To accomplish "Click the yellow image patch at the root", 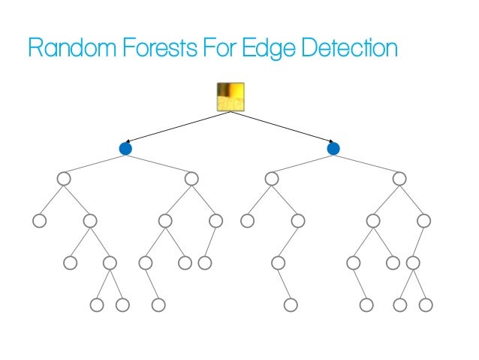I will click(229, 97).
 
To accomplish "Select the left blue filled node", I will click(125, 149).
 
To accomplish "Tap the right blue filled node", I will click(333, 149).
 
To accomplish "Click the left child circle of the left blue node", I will click(63, 178).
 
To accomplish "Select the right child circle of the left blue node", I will click(191, 178).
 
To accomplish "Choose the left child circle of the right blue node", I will click(271, 178).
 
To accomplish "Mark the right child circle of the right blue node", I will click(399, 178).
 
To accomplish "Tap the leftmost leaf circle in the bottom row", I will click(96, 305).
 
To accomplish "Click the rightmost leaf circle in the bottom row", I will click(426, 305).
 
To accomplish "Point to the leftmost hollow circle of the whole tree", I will click(39, 221).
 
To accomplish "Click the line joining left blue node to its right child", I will click(158, 163).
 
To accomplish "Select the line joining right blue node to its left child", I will click(302, 163).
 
